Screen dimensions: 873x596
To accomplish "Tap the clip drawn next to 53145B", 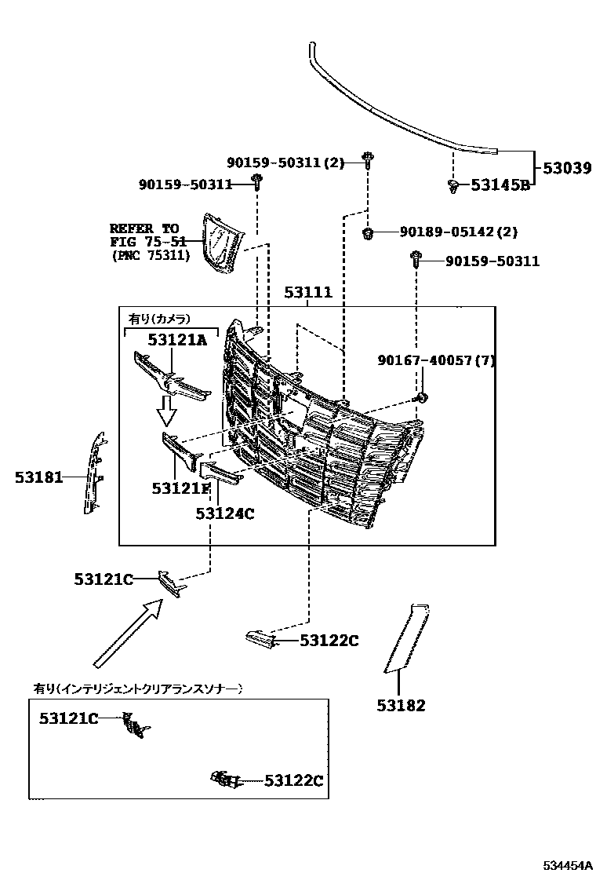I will pos(454,185).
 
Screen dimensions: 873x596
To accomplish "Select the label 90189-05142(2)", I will pos(459,232).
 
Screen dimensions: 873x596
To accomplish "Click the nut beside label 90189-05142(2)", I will pos(367,232).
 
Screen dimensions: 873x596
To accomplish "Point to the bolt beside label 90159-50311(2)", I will pos(366,161).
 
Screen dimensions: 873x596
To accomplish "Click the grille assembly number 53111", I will pos(308,293).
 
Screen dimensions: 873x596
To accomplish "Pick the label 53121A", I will pos(177,339).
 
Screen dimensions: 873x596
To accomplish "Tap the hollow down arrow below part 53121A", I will pos(165,408).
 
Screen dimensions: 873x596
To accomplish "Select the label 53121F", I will pos(181,488).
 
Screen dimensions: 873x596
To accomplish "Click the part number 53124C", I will pos(225,513).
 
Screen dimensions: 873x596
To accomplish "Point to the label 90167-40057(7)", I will pos(436,360).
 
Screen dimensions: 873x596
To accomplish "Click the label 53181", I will pos(38,477).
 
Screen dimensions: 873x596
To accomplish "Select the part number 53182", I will pos(401,705).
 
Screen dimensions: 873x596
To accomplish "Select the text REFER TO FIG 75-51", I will pos(149,242).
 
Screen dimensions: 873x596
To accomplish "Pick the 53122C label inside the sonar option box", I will pos(293,780).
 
